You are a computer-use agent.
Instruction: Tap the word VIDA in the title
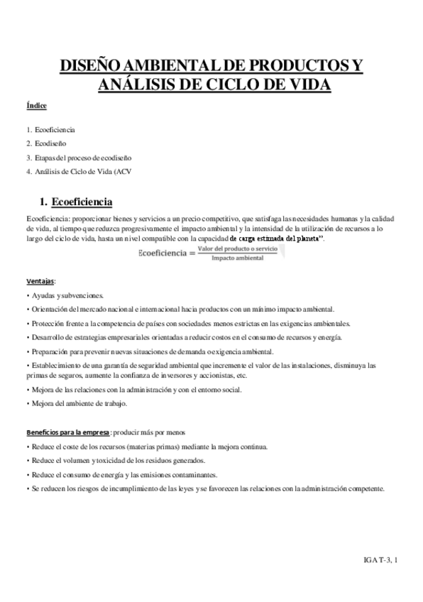coord(304,85)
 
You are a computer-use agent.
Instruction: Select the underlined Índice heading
coord(36,106)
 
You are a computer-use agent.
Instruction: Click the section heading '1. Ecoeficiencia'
coord(75,201)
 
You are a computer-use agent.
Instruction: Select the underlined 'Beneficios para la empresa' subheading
coord(67,432)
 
